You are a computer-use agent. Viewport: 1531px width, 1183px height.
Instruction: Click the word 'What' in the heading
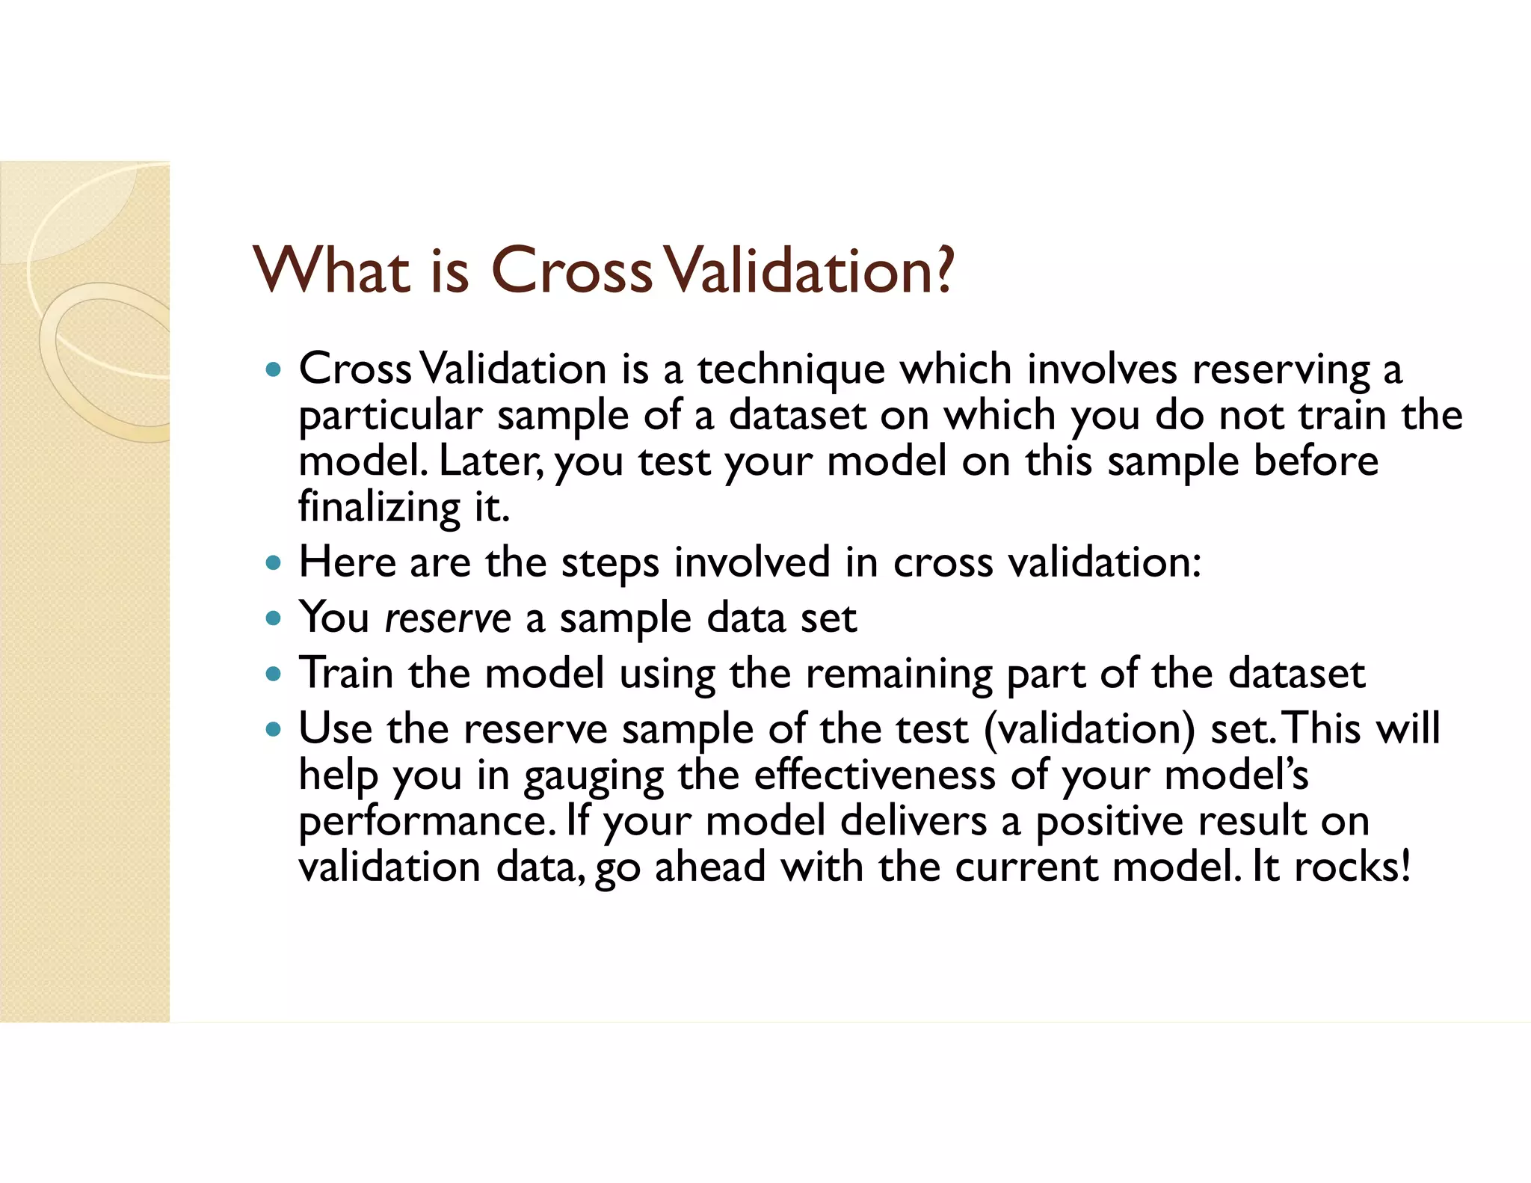[332, 271]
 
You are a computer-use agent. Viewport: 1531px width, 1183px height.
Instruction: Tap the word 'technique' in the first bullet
[791, 370]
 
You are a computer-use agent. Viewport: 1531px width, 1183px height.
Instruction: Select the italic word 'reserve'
[447, 619]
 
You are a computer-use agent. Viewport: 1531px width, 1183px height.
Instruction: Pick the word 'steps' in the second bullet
[610, 563]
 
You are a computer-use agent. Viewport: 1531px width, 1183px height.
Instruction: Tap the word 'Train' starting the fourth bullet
[346, 673]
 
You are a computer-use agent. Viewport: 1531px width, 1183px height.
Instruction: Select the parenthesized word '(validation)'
[1089, 729]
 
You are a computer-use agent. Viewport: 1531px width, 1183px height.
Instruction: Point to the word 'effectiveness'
[874, 775]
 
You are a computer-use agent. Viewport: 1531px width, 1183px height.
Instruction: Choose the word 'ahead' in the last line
[710, 867]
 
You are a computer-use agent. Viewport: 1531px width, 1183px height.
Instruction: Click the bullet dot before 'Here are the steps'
[274, 563]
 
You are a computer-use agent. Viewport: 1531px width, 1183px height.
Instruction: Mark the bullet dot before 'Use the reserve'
[274, 729]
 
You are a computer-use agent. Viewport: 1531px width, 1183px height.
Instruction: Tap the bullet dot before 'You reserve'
[274, 618]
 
